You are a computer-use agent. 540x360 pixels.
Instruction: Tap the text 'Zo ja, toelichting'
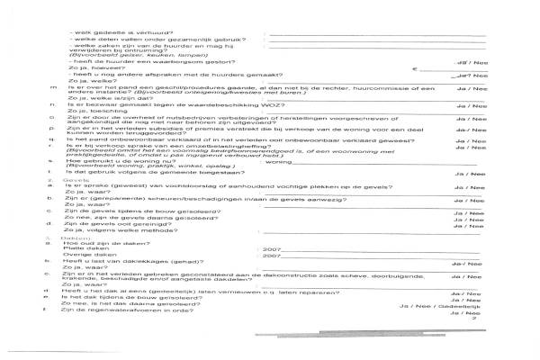94,114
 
